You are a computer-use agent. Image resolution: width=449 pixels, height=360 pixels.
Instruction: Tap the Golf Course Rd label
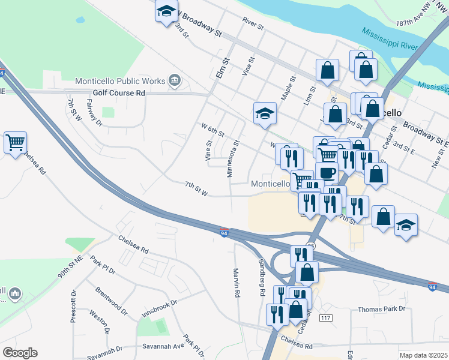[119, 93]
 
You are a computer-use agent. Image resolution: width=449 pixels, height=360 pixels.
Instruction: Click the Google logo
[20, 353]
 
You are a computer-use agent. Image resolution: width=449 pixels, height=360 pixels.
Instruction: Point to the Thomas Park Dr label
[382, 309]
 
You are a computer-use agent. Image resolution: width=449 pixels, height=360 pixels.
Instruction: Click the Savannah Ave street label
[163, 346]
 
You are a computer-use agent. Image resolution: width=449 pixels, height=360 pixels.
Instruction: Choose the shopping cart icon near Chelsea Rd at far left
[15, 143]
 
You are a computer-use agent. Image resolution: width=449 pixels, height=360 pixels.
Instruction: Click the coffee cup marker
[327, 172]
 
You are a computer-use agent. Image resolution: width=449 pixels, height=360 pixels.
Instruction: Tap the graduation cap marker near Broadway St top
[166, 11]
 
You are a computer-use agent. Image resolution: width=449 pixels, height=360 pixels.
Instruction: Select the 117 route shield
[326, 317]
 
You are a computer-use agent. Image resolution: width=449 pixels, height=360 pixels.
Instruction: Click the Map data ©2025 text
[423, 355]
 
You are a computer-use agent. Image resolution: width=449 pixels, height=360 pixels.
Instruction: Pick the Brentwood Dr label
[111, 301]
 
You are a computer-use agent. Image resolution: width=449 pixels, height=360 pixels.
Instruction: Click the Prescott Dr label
[73, 307]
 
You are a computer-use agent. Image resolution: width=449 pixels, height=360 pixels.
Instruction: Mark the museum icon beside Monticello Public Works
[175, 80]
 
